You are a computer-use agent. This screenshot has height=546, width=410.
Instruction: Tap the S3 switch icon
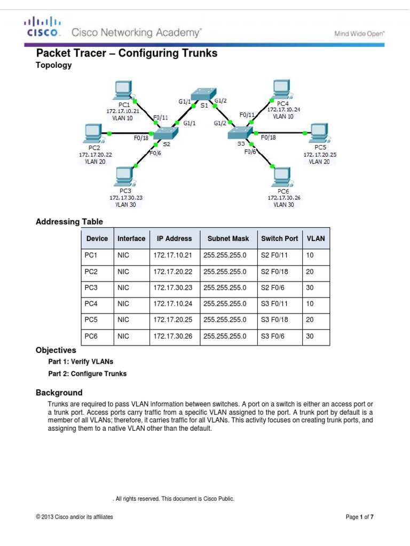(x=240, y=133)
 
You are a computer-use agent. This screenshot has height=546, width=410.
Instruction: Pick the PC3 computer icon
(x=125, y=176)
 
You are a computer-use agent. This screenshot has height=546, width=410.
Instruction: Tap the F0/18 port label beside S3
(x=269, y=138)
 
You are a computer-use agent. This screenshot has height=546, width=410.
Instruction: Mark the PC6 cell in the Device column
(x=91, y=336)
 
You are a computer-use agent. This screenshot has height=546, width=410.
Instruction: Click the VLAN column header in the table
(x=316, y=239)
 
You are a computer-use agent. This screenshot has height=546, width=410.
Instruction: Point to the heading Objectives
(x=56, y=351)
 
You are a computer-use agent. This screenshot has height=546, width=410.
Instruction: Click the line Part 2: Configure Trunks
(x=88, y=374)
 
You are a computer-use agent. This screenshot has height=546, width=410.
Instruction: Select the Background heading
(x=59, y=393)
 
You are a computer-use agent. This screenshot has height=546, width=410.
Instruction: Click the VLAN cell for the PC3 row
(x=310, y=288)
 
